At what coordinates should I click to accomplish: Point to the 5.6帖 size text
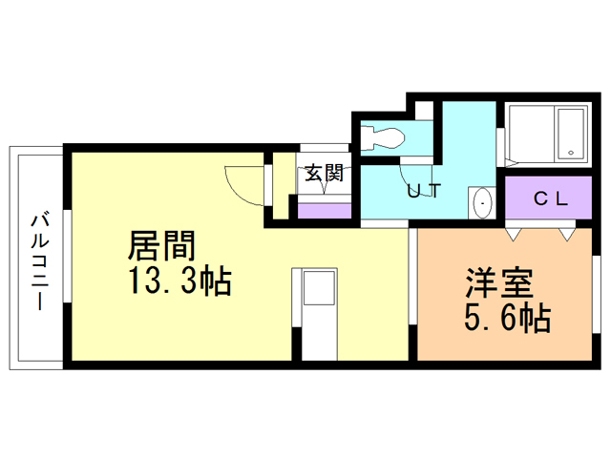click(507, 319)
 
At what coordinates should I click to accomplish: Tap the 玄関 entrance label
click(324, 174)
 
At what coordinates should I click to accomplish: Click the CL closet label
click(551, 199)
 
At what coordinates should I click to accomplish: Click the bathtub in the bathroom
click(545, 134)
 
